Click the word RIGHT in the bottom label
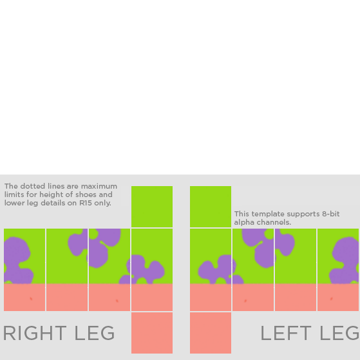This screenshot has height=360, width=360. coord(35,333)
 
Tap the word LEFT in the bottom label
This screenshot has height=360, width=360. coord(286,333)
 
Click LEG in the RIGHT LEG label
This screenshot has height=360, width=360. coord(95,333)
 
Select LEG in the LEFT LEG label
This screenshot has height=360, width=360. coord(339,333)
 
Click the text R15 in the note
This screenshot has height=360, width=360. coord(86,203)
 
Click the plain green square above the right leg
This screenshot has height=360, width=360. coord(152,207)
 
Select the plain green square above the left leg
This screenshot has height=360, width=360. coord(211,207)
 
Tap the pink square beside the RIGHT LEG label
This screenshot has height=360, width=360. coord(152,333)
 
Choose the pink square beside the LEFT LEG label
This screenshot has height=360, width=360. coord(211,333)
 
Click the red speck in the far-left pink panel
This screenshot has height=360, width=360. coord(31,299)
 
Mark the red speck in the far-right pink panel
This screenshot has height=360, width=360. coord(331,299)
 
